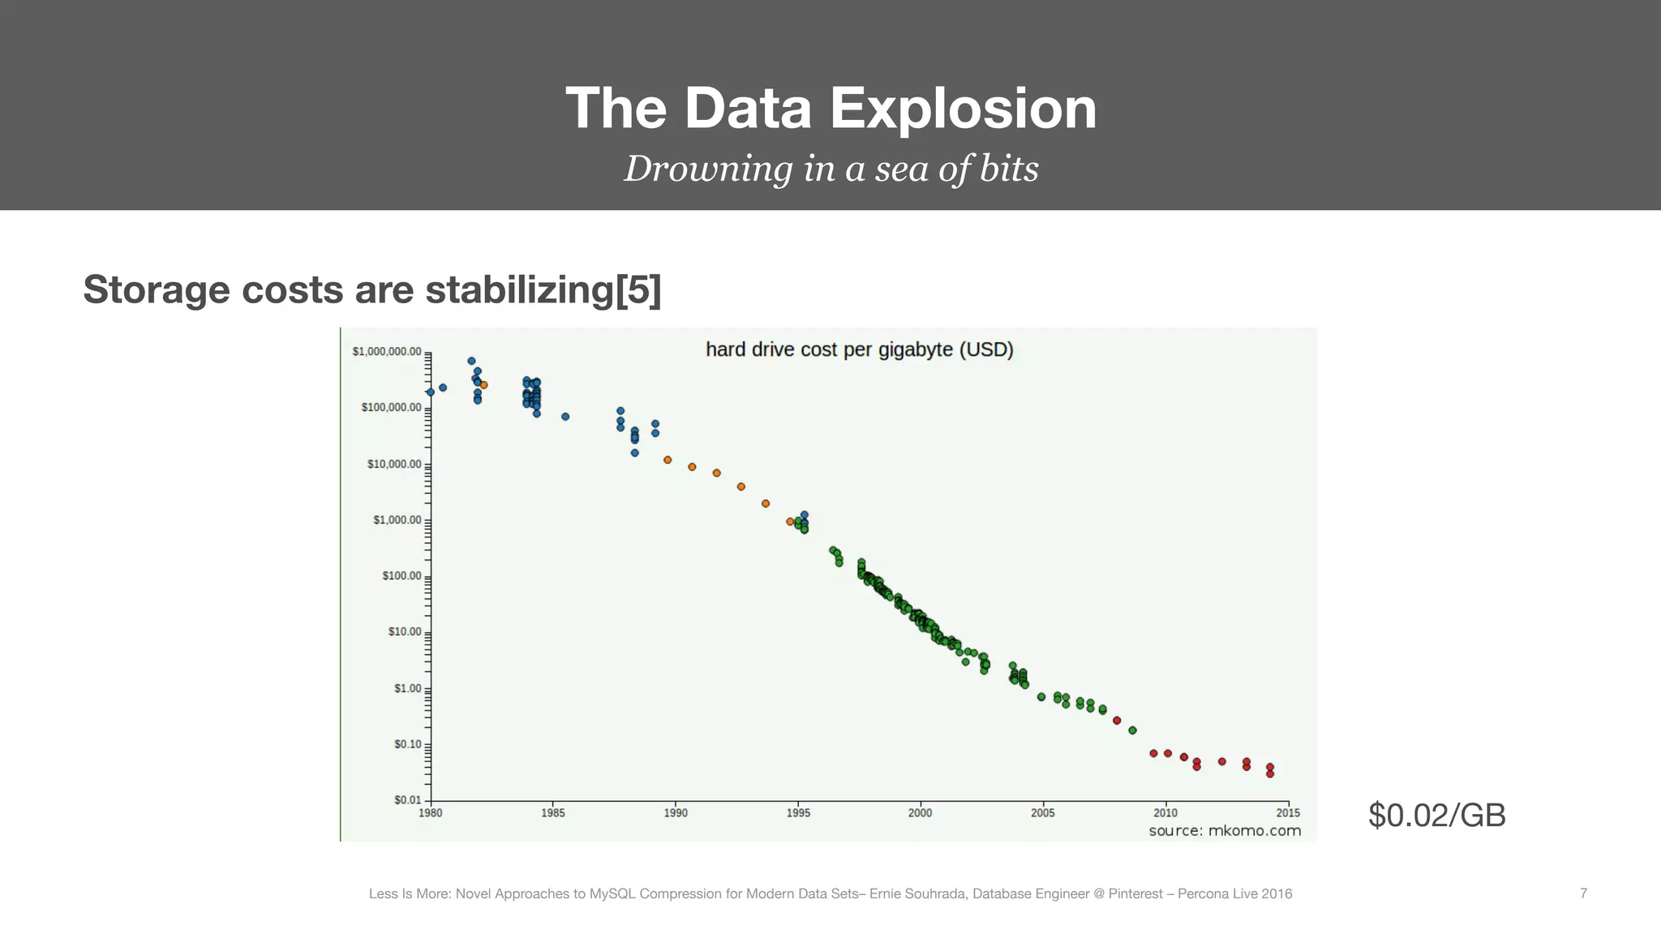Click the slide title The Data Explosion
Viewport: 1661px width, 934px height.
(x=830, y=109)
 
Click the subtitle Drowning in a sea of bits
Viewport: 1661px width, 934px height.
(x=830, y=169)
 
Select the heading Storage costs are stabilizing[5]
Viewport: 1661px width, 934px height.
(x=372, y=289)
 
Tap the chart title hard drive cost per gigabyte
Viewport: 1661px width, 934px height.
(x=859, y=349)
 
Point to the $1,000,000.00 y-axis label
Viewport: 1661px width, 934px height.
(x=387, y=352)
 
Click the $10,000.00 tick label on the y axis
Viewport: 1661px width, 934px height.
(x=394, y=465)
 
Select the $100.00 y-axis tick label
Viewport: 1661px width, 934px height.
(x=401, y=576)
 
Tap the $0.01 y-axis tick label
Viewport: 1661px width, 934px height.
(x=408, y=800)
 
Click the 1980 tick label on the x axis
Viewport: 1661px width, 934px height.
(x=431, y=813)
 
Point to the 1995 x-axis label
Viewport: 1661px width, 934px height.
(x=798, y=813)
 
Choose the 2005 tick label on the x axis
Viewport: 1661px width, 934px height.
(x=1043, y=813)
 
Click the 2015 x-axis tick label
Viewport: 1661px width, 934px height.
(x=1288, y=813)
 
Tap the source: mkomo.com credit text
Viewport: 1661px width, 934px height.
(x=1225, y=831)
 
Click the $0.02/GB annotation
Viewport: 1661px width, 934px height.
(x=1436, y=815)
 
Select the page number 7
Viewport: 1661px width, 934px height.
(x=1583, y=893)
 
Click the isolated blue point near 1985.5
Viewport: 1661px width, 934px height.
(x=565, y=417)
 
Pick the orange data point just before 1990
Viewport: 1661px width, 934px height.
(x=667, y=460)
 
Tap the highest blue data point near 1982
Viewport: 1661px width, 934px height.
(x=471, y=361)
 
